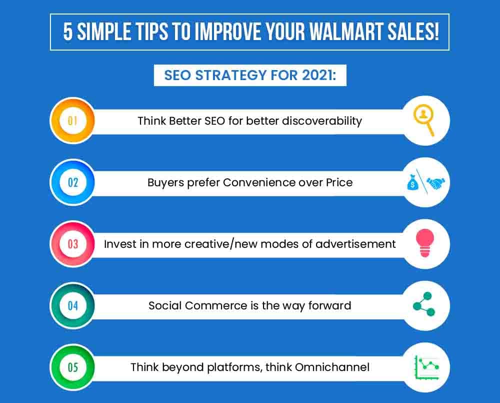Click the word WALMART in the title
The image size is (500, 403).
click(x=346, y=32)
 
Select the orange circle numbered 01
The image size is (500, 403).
click(x=72, y=121)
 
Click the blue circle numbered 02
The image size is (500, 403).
click(x=72, y=182)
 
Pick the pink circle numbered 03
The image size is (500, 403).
click(x=72, y=244)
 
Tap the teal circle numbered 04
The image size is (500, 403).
click(x=72, y=305)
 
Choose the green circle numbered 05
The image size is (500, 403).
click(x=72, y=367)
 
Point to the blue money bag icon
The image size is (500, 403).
click(x=412, y=182)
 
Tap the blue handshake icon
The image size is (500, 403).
click(x=435, y=183)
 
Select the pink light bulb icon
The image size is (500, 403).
click(x=424, y=243)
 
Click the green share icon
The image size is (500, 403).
click(x=424, y=304)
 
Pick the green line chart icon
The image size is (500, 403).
click(x=426, y=367)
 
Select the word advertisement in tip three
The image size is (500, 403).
click(x=355, y=244)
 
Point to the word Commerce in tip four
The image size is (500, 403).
click(x=215, y=305)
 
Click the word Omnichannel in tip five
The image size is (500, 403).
click(x=332, y=367)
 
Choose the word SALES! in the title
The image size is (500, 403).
click(x=413, y=32)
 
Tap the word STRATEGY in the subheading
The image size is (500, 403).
click(x=231, y=76)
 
